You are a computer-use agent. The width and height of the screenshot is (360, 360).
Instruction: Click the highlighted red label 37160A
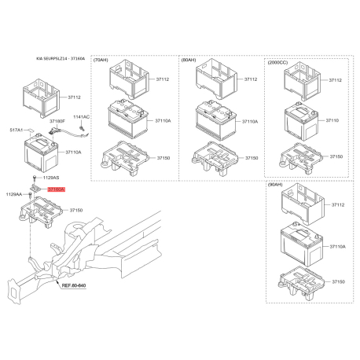pyautogui.click(x=56, y=190)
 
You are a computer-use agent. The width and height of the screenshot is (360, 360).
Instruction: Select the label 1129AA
pyautogui.click(x=14, y=194)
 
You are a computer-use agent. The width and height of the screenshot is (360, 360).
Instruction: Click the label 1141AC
pyautogui.click(x=82, y=116)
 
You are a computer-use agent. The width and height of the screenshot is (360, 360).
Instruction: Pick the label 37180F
pyautogui.click(x=57, y=122)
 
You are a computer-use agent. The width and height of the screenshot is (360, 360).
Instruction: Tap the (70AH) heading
pyautogui.click(x=101, y=60)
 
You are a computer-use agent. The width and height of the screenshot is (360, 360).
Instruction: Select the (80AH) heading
pyautogui.click(x=189, y=60)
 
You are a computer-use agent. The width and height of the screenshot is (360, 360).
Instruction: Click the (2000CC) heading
pyautogui.click(x=279, y=61)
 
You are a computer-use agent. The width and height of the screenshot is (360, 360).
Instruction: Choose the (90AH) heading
pyautogui.click(x=278, y=186)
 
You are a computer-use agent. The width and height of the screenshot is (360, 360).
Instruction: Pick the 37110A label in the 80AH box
pyautogui.click(x=251, y=122)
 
